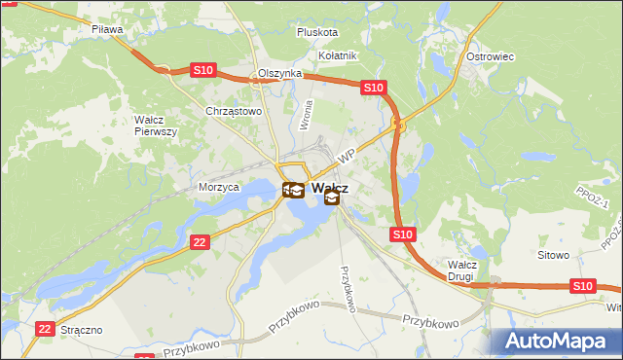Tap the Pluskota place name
317,32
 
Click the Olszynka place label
279,74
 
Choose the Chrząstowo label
235,111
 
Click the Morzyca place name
218,187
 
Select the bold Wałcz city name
331,187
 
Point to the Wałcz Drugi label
460,270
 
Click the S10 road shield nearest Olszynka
202,70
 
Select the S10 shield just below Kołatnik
375,88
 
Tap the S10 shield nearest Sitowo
582,285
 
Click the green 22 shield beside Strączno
43,330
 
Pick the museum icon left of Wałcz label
293,190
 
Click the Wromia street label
308,116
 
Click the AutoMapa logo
559,342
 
